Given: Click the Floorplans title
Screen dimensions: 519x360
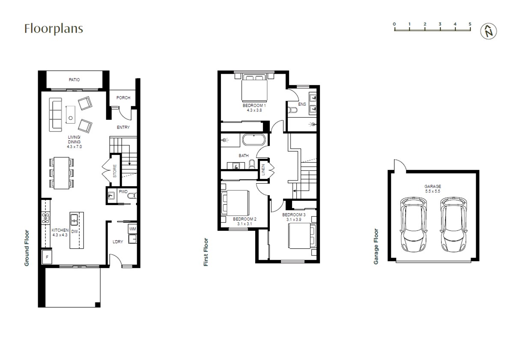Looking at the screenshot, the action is pos(54,29).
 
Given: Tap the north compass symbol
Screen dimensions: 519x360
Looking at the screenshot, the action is pos(489,31).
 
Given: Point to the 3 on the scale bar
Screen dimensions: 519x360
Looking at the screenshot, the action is pos(440,24).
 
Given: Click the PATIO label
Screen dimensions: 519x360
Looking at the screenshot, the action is pos(74,80).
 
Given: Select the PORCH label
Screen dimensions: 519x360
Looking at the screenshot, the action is pos(123,98).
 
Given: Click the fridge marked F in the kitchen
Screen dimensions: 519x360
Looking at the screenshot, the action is pos(47,257).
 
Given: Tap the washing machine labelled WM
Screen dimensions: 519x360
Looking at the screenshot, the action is pos(132,229).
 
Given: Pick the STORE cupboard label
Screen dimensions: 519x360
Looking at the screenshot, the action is pos(115,171).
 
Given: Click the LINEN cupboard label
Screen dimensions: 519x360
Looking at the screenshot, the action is pos(263,170).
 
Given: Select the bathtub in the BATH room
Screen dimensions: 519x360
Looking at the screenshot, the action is pos(254,140).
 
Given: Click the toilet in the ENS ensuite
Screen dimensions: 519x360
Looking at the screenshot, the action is pos(292,110).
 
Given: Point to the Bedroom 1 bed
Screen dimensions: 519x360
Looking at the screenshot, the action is pos(254,88).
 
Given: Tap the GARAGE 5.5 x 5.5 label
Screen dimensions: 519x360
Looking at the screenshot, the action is pos(432,189).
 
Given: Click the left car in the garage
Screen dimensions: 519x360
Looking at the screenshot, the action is pos(414,224).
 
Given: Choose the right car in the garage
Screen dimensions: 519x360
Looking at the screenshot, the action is pos(453,224).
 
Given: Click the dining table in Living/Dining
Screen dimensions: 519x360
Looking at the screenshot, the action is pos(61,173).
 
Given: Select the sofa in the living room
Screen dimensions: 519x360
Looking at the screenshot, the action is pos(56,115).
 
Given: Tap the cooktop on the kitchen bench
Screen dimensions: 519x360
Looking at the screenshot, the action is pos(46,218).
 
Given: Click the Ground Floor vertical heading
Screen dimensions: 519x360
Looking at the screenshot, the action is pos(27,248).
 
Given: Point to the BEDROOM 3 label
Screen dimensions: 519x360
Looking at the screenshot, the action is pos(294,215).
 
